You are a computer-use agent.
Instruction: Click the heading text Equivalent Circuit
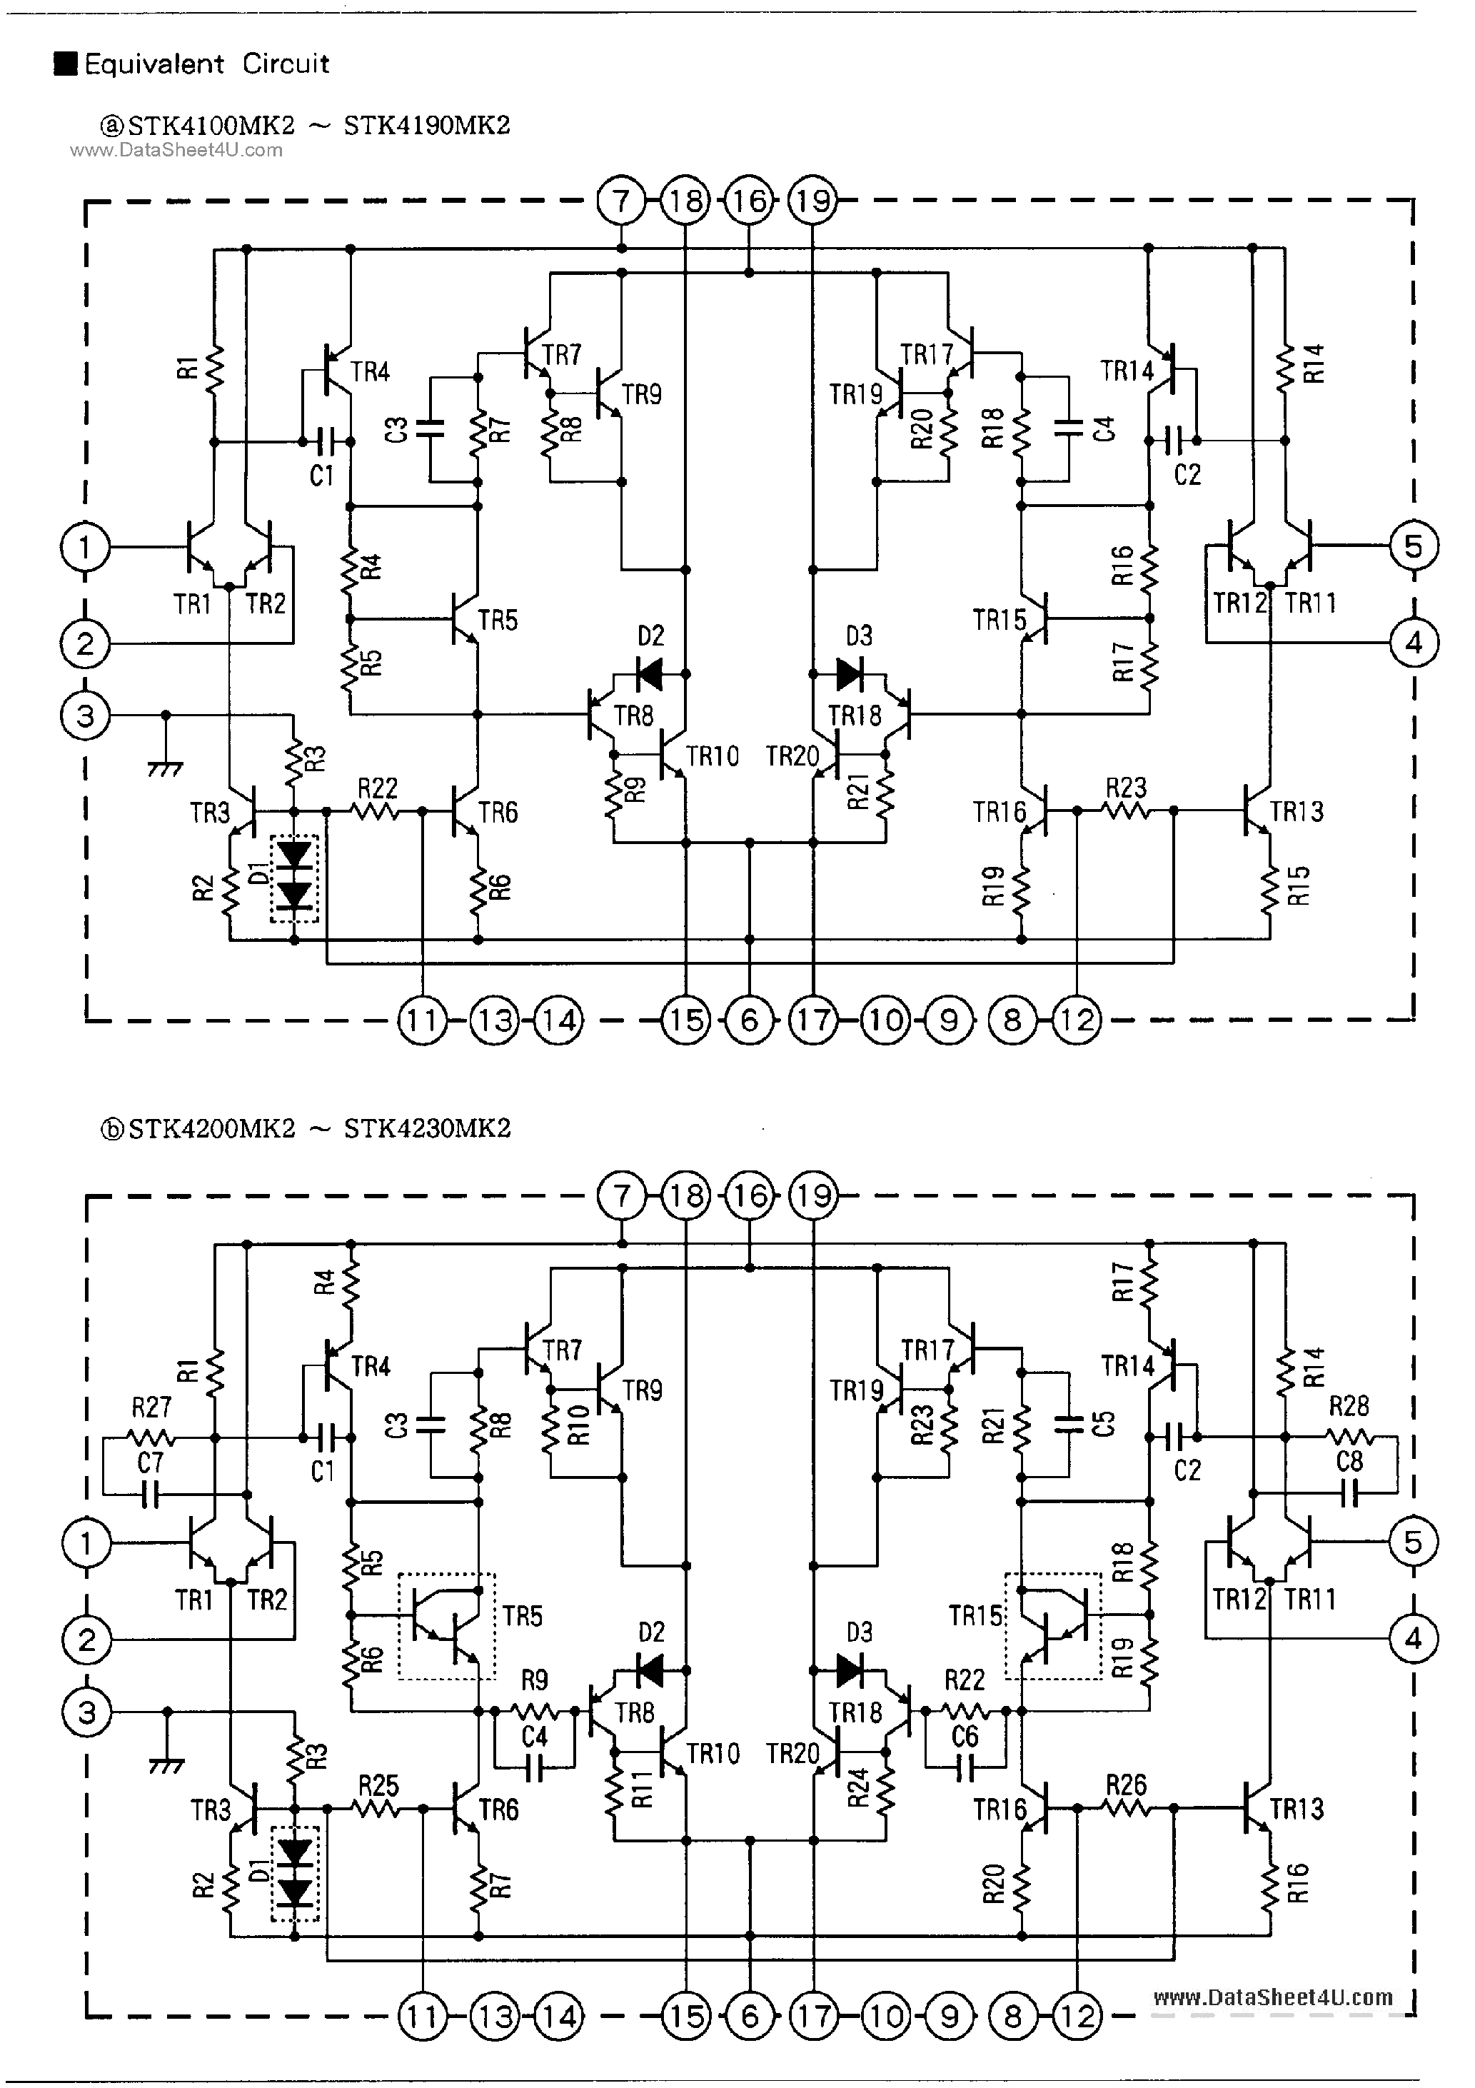pos(206,64)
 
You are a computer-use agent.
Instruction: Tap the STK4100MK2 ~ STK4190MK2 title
pos(305,126)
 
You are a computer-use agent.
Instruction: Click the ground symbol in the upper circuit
pos(166,767)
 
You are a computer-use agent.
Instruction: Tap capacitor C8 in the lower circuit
pos(1349,1492)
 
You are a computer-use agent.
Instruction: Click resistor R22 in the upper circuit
pos(376,809)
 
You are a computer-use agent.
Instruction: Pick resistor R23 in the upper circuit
pos(1126,809)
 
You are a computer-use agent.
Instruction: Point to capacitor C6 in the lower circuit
pos(964,1768)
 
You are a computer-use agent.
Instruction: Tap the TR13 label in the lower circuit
pos(1297,1809)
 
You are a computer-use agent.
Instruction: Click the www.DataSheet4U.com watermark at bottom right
pos(1272,1997)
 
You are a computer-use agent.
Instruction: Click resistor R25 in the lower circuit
pos(376,1808)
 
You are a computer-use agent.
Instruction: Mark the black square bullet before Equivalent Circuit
pos(66,64)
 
